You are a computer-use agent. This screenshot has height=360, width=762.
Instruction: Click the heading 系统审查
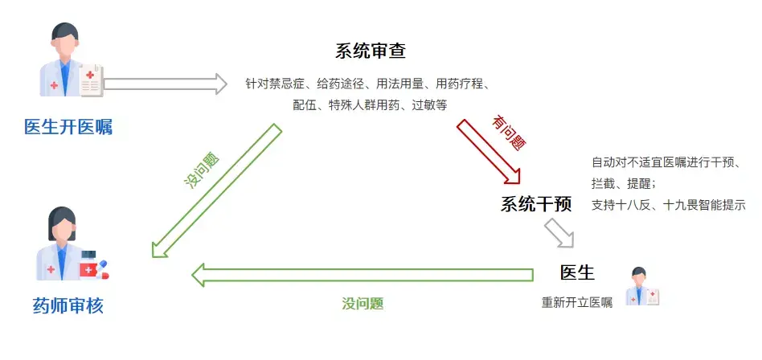[x=371, y=51]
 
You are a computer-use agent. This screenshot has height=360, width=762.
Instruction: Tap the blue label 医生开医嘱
[x=68, y=127]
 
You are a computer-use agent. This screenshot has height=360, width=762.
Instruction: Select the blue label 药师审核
[x=68, y=306]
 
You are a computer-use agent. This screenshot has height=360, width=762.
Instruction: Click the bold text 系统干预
[x=536, y=204]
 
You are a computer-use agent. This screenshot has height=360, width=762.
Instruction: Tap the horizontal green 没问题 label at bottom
[x=363, y=304]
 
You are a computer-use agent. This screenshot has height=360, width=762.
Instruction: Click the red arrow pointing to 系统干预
[x=490, y=153]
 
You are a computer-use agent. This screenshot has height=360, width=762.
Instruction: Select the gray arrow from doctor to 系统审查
[x=166, y=83]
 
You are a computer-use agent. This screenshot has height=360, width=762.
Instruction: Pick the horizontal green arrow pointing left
[x=362, y=275]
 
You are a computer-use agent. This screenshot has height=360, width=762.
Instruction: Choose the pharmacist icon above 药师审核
[x=68, y=244]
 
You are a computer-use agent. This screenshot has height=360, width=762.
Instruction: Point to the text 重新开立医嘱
[x=576, y=303]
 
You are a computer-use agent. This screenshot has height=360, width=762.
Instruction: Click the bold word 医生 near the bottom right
[x=577, y=272]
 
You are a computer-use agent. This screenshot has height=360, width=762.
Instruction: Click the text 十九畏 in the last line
[x=680, y=204]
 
